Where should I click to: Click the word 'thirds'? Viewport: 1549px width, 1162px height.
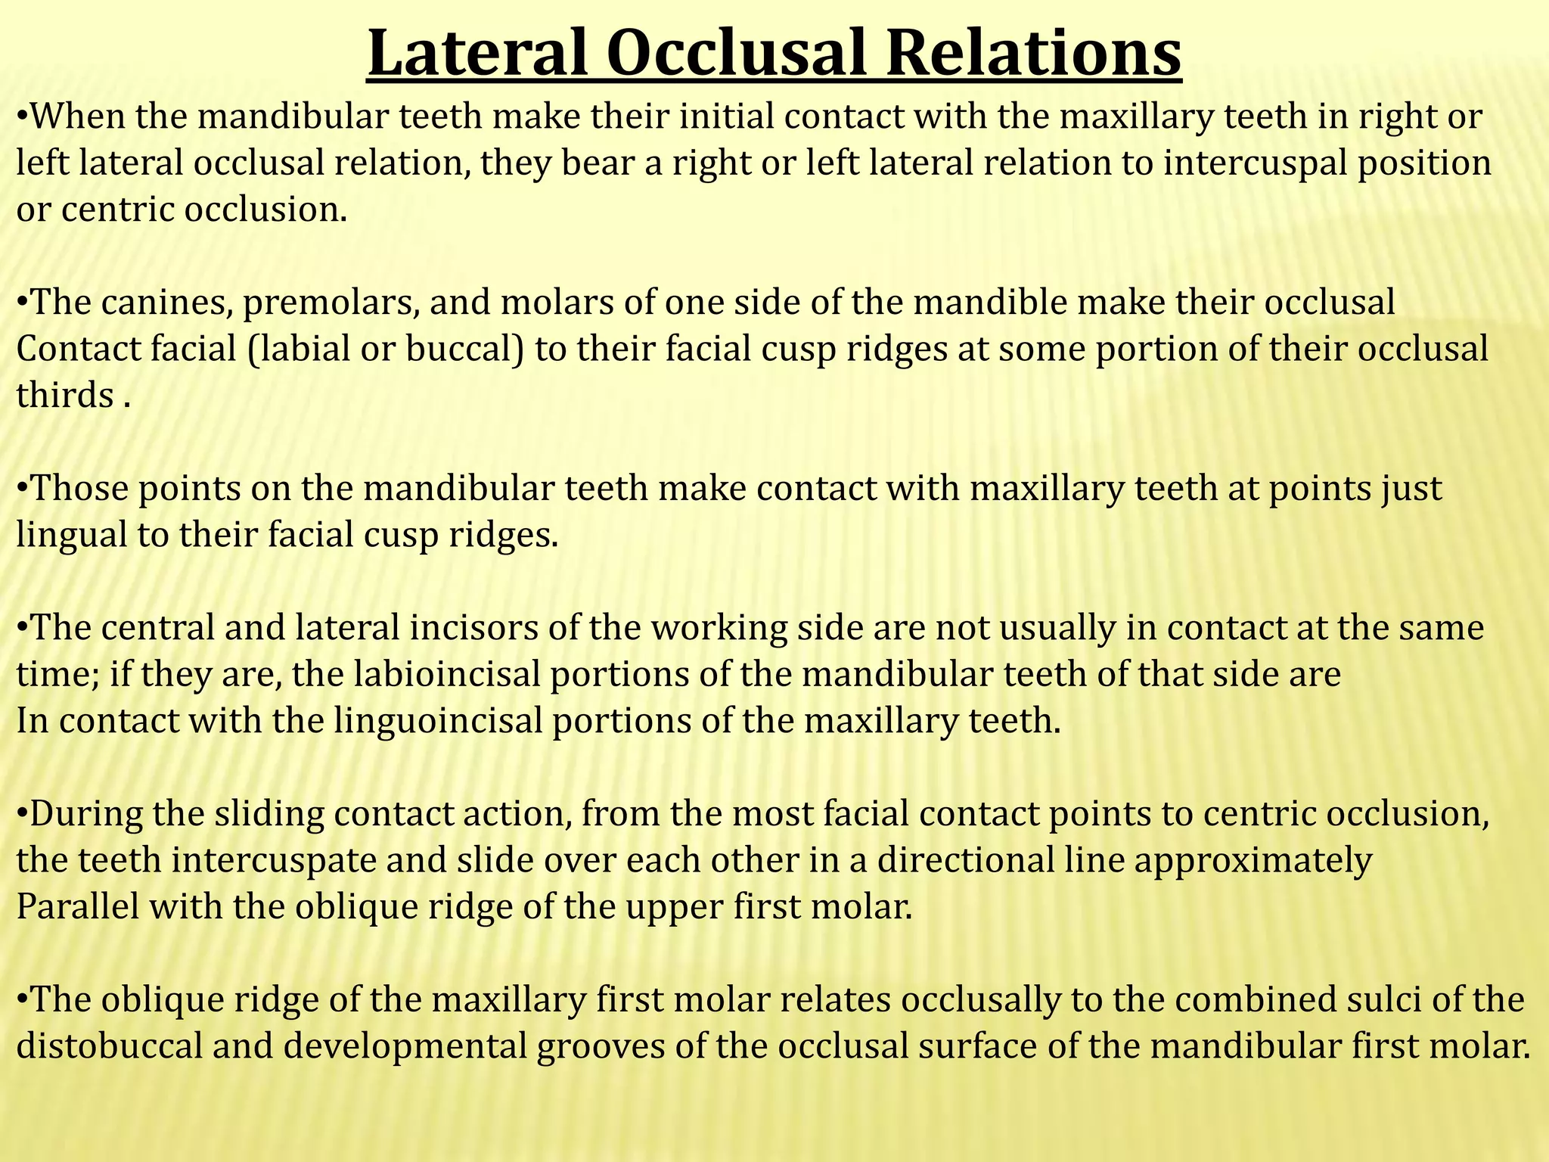[64, 396]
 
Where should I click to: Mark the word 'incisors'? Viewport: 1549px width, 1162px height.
[469, 629]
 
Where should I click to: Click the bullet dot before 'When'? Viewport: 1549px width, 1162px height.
[22, 117]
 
